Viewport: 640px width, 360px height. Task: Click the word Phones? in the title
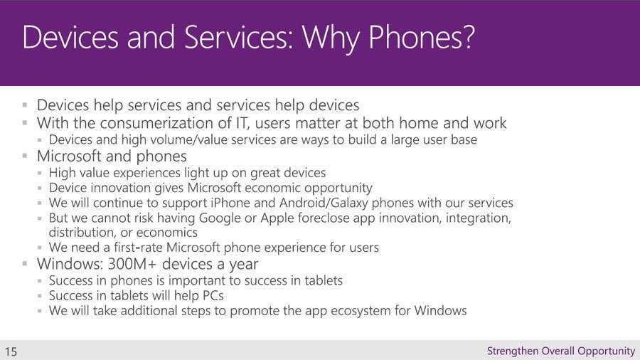click(422, 38)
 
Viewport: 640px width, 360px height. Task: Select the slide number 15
click(11, 351)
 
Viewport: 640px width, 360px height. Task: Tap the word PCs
click(213, 295)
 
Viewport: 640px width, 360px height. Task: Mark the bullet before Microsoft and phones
click(25, 156)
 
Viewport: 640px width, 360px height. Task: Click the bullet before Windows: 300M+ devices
click(25, 264)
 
